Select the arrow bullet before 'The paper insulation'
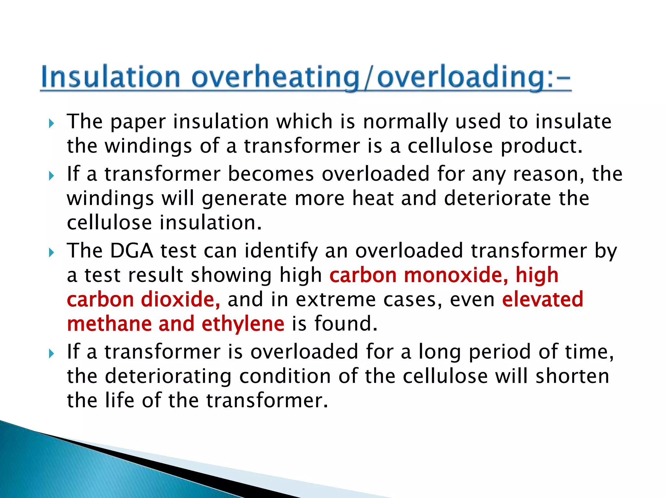coord(51,123)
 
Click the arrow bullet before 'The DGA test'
coord(51,253)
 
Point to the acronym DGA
coord(132,251)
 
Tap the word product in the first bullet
coord(541,146)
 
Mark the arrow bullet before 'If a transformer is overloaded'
coord(51,353)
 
